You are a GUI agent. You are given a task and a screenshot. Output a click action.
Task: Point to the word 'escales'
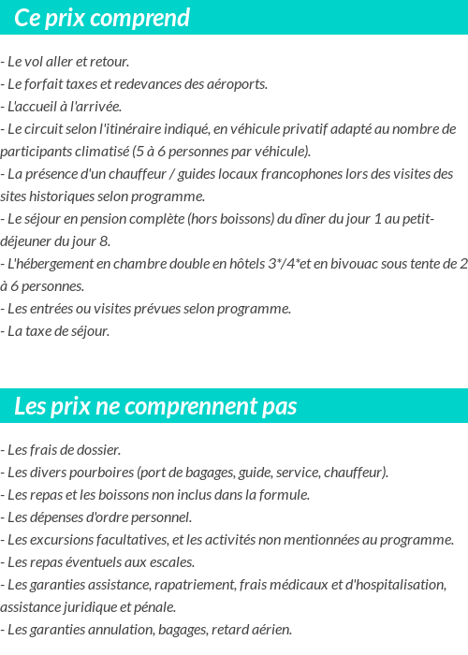point(171,562)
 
